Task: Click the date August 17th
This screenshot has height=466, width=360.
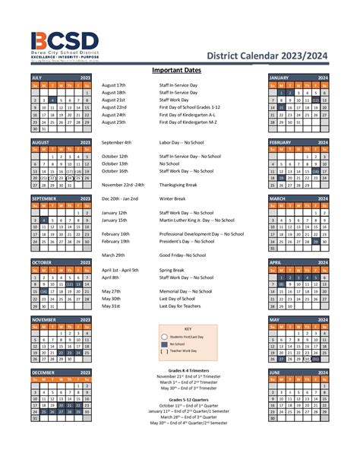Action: pyautogui.click(x=113, y=85)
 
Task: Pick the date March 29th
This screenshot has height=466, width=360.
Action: pyautogui.click(x=113, y=255)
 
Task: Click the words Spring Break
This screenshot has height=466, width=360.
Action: pyautogui.click(x=172, y=270)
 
